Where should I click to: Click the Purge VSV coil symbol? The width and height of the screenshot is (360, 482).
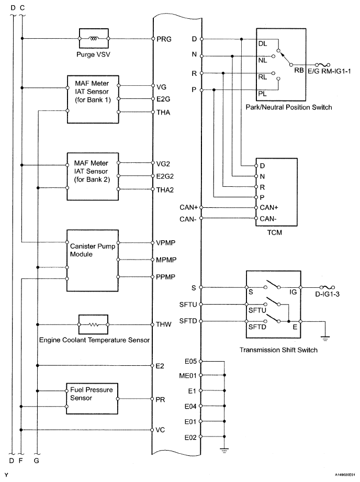tap(94, 38)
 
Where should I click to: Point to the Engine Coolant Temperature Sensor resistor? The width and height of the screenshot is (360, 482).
tap(93, 324)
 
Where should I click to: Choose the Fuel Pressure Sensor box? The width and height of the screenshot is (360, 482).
tap(92, 398)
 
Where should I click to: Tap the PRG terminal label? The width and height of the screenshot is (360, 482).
tap(164, 39)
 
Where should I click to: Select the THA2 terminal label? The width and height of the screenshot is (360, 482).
tap(165, 189)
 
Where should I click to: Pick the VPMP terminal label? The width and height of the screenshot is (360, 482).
tap(166, 243)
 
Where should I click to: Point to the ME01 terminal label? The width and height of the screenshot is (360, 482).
tap(187, 375)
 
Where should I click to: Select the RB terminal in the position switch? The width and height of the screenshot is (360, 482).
tap(299, 70)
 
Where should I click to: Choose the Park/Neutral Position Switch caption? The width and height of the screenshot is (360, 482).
tap(288, 107)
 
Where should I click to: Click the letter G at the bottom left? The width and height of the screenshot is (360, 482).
tap(37, 461)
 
